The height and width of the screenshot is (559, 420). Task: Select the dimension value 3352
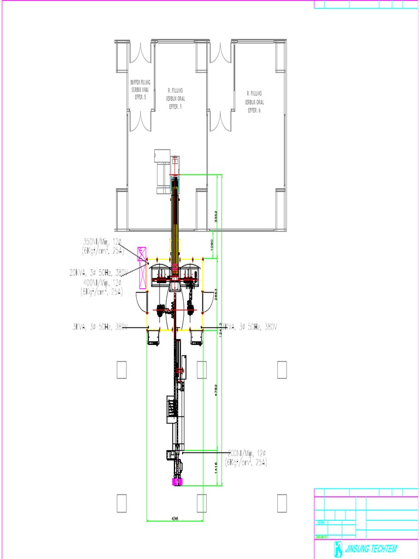click(x=217, y=216)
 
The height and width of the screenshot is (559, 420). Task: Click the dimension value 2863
click(x=217, y=293)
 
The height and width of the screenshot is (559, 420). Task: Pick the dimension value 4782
click(x=217, y=391)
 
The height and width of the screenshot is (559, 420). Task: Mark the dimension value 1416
click(x=217, y=467)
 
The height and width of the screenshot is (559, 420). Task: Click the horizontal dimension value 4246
click(x=176, y=518)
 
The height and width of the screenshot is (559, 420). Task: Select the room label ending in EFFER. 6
click(x=254, y=102)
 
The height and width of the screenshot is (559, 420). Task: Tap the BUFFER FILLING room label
click(x=140, y=89)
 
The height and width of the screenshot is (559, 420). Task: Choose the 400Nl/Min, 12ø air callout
click(x=102, y=287)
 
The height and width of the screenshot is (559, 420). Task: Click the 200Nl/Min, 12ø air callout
click(x=246, y=457)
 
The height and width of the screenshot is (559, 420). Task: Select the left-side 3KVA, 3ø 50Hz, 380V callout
click(x=100, y=327)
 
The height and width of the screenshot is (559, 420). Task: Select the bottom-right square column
click(x=282, y=503)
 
